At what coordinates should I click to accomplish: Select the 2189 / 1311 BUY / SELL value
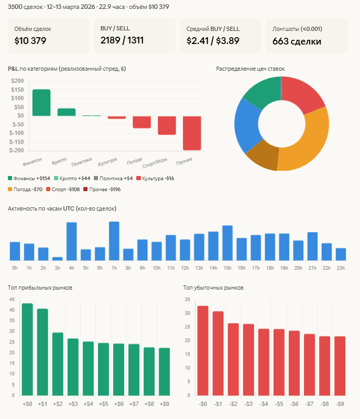[122, 40]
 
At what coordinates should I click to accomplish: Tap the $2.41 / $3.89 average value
[213, 40]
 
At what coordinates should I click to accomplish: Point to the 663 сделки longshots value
[297, 41]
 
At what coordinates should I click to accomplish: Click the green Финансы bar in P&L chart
[41, 103]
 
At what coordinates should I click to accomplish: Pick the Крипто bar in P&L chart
[67, 112]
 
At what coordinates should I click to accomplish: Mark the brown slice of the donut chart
[262, 158]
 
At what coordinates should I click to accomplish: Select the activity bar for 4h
[72, 241]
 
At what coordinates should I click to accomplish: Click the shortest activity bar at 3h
[58, 259]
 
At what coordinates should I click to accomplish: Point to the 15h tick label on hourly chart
[227, 268]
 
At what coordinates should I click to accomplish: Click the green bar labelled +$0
[27, 349]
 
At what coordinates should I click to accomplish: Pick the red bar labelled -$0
[203, 350]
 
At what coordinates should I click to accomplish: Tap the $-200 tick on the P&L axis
[17, 150]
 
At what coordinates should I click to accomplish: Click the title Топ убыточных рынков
[213, 288]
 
